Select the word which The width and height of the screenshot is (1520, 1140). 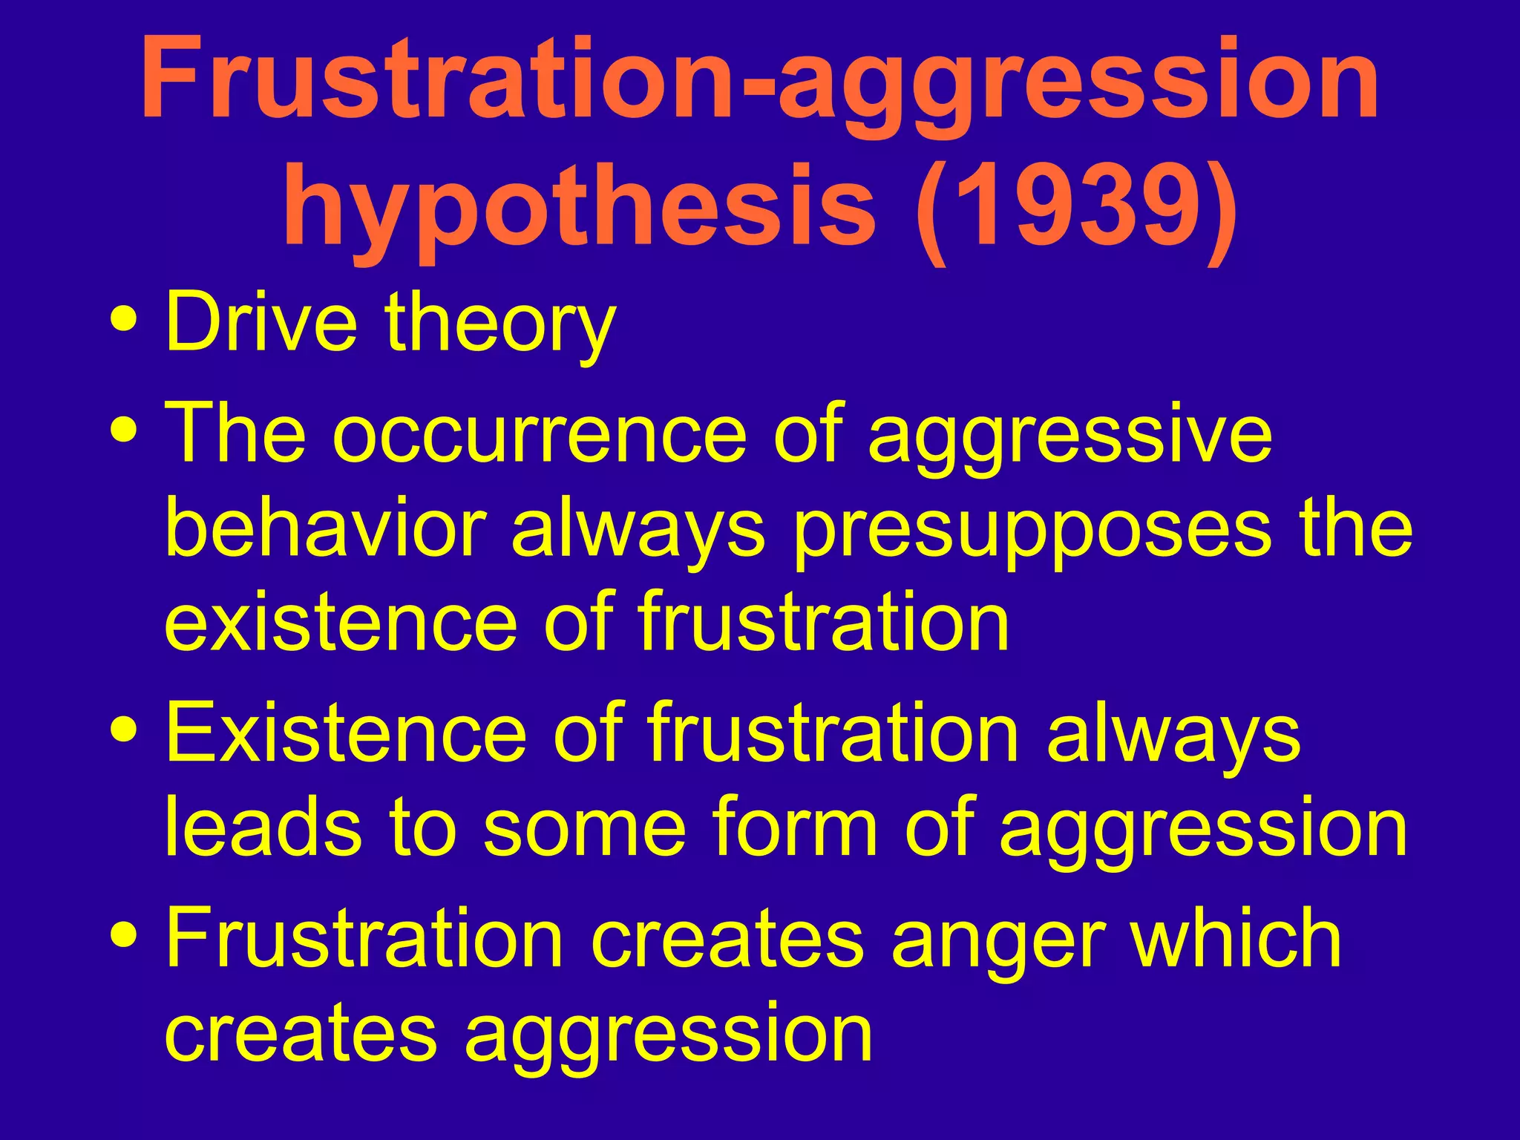1235,939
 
